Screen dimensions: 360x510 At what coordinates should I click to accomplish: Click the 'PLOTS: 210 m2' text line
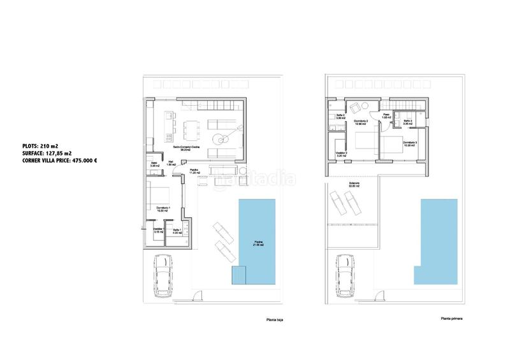click(38, 146)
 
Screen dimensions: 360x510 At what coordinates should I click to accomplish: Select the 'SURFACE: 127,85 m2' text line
click(45, 153)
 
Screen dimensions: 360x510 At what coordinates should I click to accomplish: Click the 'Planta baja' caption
click(275, 320)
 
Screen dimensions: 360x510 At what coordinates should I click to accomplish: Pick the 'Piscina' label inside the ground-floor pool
click(256, 241)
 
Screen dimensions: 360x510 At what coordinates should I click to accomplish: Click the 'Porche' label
click(194, 170)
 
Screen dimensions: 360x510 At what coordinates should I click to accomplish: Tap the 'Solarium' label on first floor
click(354, 184)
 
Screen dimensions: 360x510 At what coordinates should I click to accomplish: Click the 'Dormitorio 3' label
click(410, 143)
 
